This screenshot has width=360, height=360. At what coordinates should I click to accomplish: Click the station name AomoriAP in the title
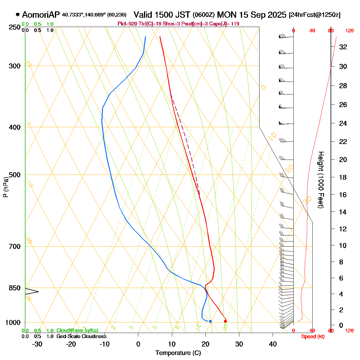tap(41, 15)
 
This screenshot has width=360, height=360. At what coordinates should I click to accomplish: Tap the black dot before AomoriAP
tap(17, 14)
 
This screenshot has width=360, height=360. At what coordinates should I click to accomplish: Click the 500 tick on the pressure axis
tap(15, 175)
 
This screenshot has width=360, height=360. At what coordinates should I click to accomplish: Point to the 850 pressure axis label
tap(15, 288)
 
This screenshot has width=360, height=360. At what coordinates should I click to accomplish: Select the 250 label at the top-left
tap(15, 27)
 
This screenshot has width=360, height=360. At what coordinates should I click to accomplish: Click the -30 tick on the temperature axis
tap(37, 344)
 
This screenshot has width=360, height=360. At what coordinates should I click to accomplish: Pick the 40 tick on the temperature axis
tap(273, 344)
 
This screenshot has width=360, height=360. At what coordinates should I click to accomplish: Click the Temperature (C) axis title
tap(178, 353)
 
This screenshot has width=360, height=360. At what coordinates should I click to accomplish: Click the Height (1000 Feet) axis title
tap(321, 180)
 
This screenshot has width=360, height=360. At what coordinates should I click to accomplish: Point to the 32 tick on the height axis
tap(343, 47)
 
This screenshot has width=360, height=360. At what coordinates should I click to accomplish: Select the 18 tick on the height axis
tap(343, 177)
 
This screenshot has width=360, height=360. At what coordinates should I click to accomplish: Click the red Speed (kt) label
tap(313, 337)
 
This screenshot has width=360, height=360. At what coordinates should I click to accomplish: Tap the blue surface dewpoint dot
tap(210, 321)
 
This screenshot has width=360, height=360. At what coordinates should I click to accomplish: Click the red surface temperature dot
tap(225, 321)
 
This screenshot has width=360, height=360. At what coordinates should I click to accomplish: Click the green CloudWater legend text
tap(77, 330)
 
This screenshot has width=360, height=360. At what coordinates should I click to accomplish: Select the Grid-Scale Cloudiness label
tap(81, 336)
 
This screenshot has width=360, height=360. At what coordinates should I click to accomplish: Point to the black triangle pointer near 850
tap(32, 291)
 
